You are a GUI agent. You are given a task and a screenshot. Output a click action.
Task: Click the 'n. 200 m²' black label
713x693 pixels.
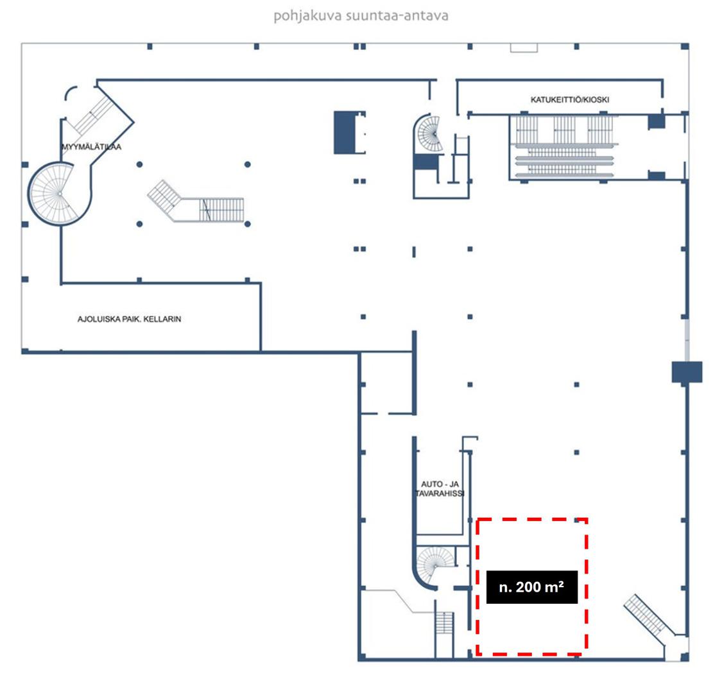click(x=531, y=586)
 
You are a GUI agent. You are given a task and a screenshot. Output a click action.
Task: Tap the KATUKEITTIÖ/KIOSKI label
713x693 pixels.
click(x=570, y=99)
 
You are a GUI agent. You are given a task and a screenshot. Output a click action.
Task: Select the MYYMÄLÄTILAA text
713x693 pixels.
click(x=91, y=147)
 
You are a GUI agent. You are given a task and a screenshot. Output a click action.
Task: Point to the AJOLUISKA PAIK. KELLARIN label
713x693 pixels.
click(x=129, y=319)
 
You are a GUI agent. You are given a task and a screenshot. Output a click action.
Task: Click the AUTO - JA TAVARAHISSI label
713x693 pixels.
click(x=440, y=489)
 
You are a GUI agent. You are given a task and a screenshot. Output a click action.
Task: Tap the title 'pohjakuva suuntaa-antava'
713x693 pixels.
click(x=361, y=15)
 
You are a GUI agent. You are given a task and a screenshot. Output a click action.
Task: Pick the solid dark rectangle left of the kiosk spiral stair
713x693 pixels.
click(x=345, y=132)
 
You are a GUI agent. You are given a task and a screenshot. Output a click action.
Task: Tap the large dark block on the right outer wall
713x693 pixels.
click(x=687, y=372)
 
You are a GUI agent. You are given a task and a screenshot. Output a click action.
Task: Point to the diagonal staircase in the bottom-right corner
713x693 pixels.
click(x=649, y=617)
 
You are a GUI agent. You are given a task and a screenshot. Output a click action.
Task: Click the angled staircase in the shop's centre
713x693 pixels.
click(x=196, y=202)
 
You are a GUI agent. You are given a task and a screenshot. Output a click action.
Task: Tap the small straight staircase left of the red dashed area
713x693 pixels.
click(x=444, y=624)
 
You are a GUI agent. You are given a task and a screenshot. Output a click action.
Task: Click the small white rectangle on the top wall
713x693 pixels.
click(x=524, y=47)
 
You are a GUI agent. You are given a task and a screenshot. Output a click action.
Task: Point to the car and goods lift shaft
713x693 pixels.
click(x=440, y=486)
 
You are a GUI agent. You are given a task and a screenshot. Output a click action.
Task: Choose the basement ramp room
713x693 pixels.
click(x=141, y=318)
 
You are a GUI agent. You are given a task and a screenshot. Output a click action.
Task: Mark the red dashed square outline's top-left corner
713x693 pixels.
click(x=477, y=520)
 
